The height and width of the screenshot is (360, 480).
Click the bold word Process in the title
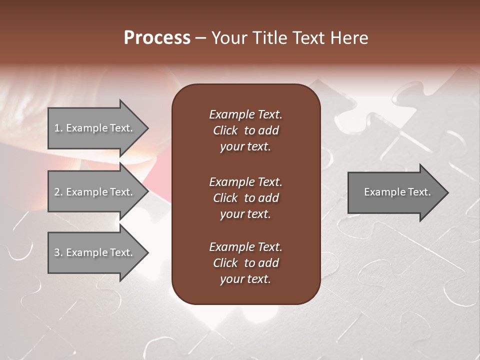pyautogui.click(x=157, y=38)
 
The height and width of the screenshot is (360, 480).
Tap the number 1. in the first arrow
pyautogui.click(x=58, y=128)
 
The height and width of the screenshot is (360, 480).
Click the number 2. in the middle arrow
pyautogui.click(x=58, y=192)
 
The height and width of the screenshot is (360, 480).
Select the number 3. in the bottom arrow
pyautogui.click(x=58, y=252)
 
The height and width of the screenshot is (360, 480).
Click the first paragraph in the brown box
pyautogui.click(x=245, y=130)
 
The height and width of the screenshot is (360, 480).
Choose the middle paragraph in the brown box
pyautogui.click(x=245, y=197)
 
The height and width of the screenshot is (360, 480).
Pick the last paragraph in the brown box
pyautogui.click(x=245, y=263)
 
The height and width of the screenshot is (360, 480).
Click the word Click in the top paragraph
pyautogui.click(x=225, y=130)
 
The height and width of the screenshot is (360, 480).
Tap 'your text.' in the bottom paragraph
pyautogui.click(x=245, y=279)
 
